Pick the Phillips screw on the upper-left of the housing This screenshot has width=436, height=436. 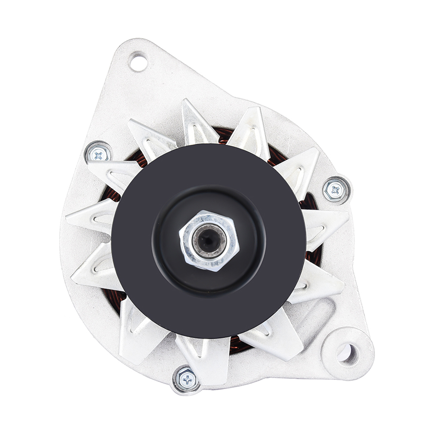pyautogui.click(x=99, y=154)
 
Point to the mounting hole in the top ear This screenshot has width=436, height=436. pyautogui.click(x=138, y=62)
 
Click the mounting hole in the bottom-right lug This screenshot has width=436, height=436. pyautogui.click(x=348, y=353)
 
